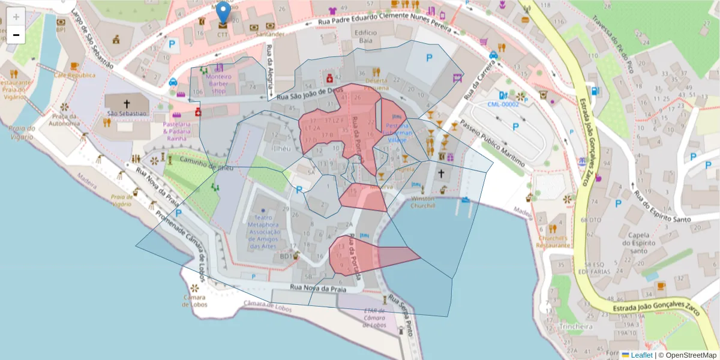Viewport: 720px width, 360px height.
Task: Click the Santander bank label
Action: [270, 35]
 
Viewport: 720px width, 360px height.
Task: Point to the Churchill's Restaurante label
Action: [553, 241]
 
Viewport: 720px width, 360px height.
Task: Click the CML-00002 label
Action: [503, 104]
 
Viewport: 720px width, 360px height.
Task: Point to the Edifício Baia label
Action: [365, 36]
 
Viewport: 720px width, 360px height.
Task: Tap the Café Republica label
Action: [75, 76]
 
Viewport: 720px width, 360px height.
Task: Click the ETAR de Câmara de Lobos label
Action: [374, 318]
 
